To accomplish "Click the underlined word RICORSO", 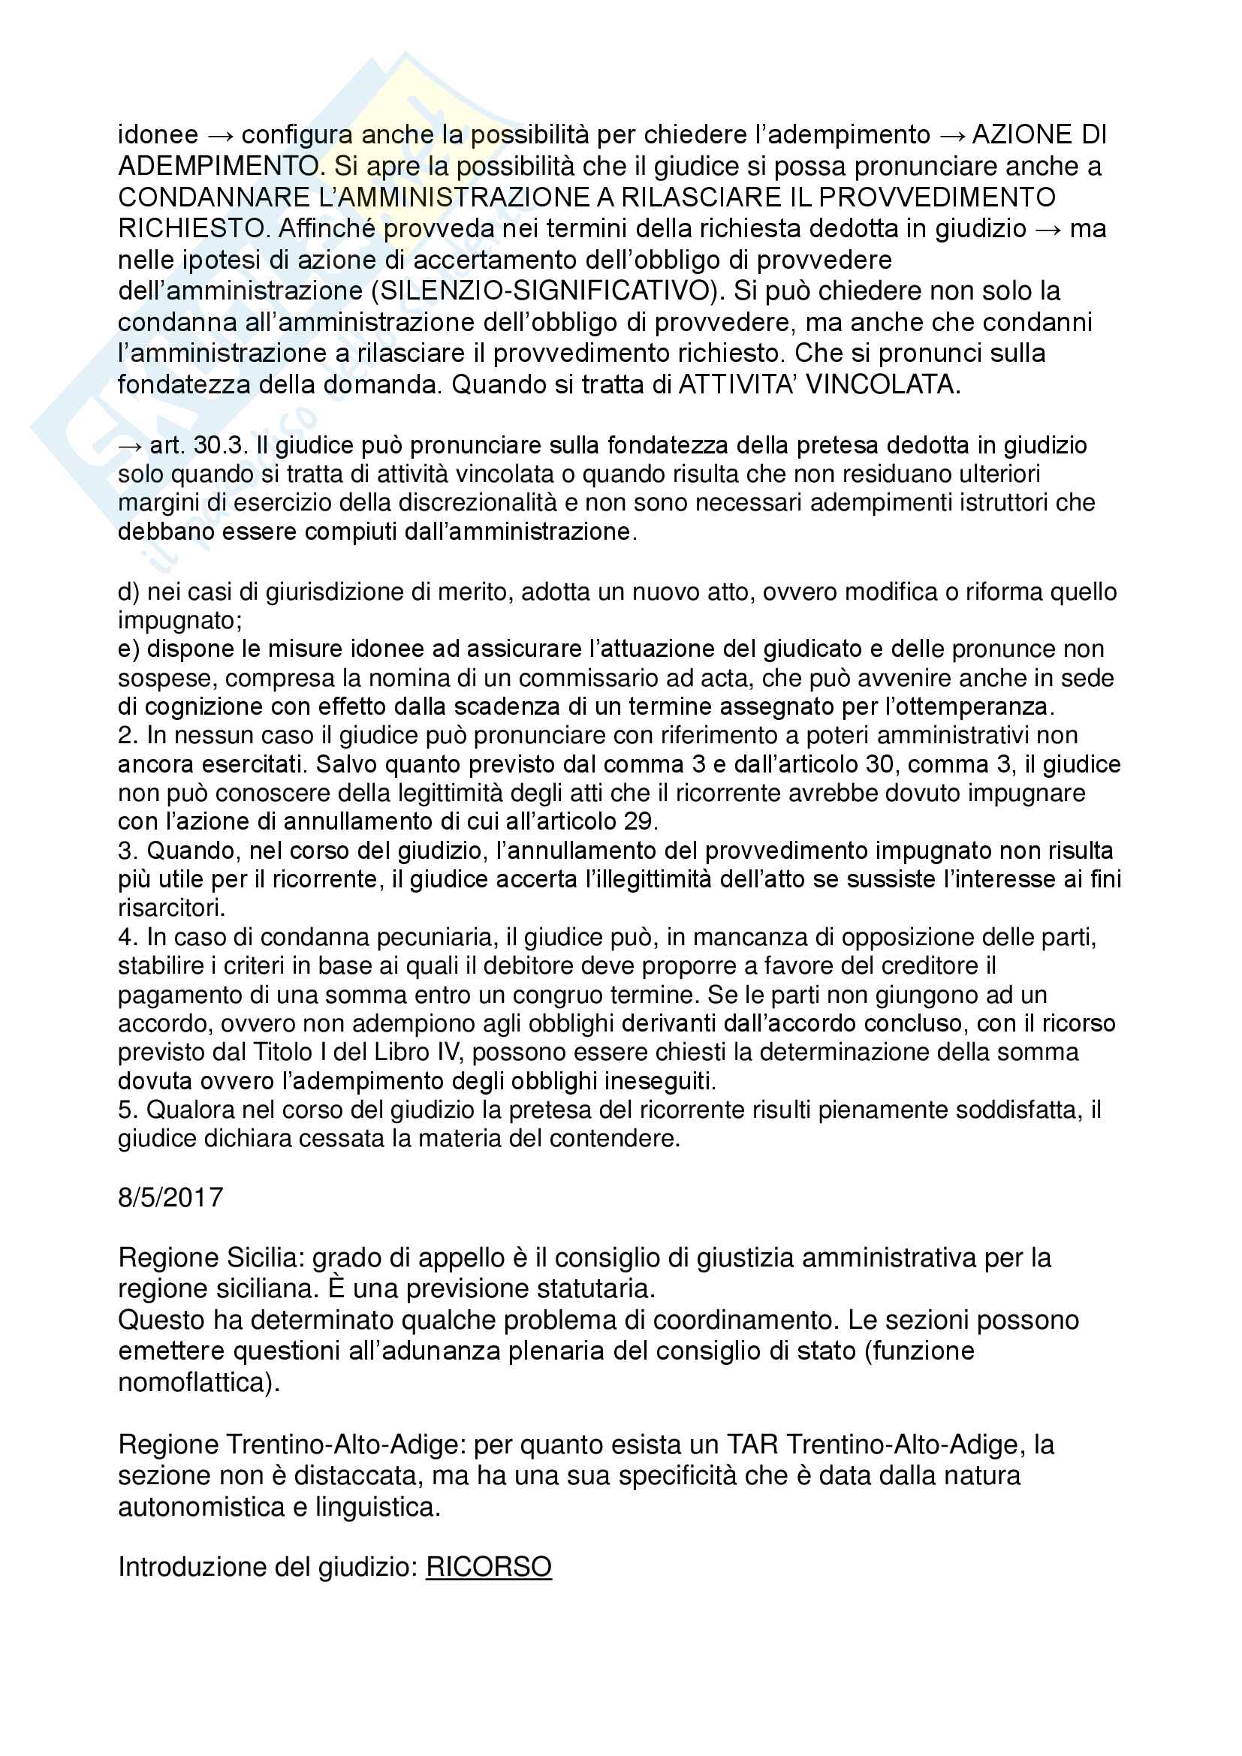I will click(x=489, y=1567).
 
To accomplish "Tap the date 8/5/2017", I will click(x=170, y=1197).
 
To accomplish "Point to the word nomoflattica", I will click(x=195, y=1382).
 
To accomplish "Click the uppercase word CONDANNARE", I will click(x=213, y=197).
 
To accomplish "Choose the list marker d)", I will click(x=128, y=591).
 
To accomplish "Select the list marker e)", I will click(x=128, y=649).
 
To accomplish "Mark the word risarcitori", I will click(x=171, y=908).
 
